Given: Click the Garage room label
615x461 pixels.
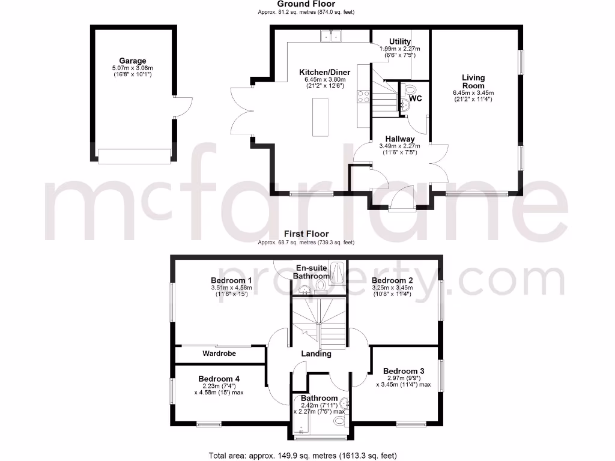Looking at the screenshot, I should pyautogui.click(x=133, y=61).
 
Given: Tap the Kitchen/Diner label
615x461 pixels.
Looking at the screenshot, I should pyautogui.click(x=324, y=73).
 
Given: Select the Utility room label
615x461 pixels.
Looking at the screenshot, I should pyautogui.click(x=400, y=41).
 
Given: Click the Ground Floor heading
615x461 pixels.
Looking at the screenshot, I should pyautogui.click(x=306, y=4).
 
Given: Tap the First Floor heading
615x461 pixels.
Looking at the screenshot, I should pyautogui.click(x=306, y=234).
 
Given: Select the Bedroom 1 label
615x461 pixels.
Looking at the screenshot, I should pyautogui.click(x=231, y=280).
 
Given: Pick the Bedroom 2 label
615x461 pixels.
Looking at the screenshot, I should pyautogui.click(x=392, y=280).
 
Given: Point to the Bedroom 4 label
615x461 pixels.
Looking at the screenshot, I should pyautogui.click(x=219, y=379).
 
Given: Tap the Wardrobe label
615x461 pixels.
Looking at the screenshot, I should pyautogui.click(x=219, y=354).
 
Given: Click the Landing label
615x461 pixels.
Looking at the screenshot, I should pyautogui.click(x=317, y=354).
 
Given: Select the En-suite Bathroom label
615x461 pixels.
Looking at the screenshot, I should pyautogui.click(x=311, y=272).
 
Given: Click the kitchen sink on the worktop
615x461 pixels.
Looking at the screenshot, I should pyautogui.click(x=331, y=37).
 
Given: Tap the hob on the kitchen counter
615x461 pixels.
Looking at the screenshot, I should pyautogui.click(x=363, y=97).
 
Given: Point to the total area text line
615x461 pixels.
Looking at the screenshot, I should pyautogui.click(x=303, y=456).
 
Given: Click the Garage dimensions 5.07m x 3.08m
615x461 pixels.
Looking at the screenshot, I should pyautogui.click(x=133, y=68).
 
